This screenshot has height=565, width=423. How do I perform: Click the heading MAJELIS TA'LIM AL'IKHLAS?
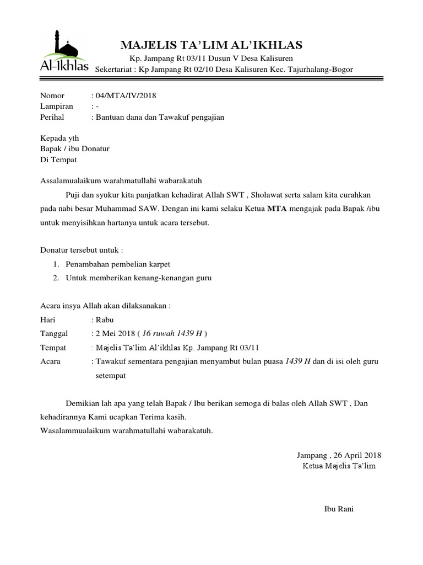[x=211, y=44]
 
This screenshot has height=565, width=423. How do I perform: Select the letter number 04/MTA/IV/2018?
[x=126, y=95]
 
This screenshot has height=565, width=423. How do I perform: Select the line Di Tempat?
[x=59, y=160]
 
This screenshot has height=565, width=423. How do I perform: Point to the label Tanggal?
[x=54, y=333]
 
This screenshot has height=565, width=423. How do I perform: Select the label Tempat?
[x=53, y=348]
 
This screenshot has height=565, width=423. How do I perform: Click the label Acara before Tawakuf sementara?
[x=51, y=361]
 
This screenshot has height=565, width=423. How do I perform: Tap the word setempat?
[x=111, y=375]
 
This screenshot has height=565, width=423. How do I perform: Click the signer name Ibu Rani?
[x=338, y=509]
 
